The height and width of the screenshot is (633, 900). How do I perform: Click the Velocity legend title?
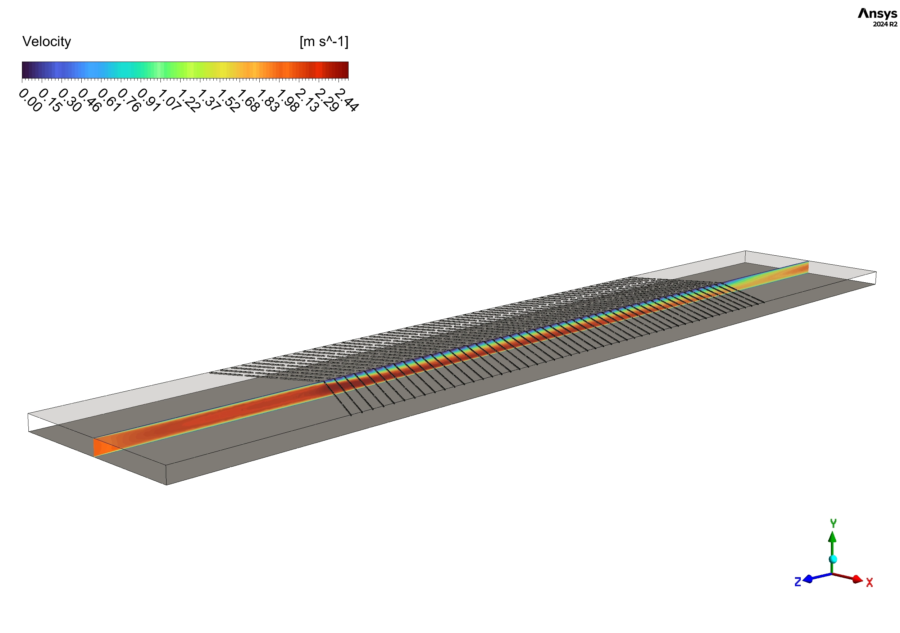(x=47, y=41)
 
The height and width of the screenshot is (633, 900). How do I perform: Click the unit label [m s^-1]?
(x=324, y=41)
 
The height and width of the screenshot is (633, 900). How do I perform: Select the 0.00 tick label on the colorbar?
(x=30, y=100)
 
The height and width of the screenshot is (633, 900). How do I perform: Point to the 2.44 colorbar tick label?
(x=346, y=100)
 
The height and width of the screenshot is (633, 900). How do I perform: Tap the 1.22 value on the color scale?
(x=188, y=101)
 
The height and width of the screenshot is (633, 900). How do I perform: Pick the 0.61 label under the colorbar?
(x=109, y=100)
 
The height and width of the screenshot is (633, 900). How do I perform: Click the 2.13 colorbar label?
(x=307, y=100)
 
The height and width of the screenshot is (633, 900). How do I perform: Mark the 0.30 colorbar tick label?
(x=70, y=100)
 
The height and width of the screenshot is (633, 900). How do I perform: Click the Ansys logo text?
(x=877, y=14)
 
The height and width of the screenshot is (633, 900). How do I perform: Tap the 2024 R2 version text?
(x=885, y=24)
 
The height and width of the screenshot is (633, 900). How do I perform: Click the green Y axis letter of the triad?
(x=833, y=523)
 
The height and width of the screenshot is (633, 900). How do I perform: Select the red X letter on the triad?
(x=869, y=583)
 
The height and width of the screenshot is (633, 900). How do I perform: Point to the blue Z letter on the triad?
(x=797, y=582)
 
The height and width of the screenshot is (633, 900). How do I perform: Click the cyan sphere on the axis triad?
(x=833, y=559)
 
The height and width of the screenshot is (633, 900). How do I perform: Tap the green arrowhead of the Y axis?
(x=833, y=537)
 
